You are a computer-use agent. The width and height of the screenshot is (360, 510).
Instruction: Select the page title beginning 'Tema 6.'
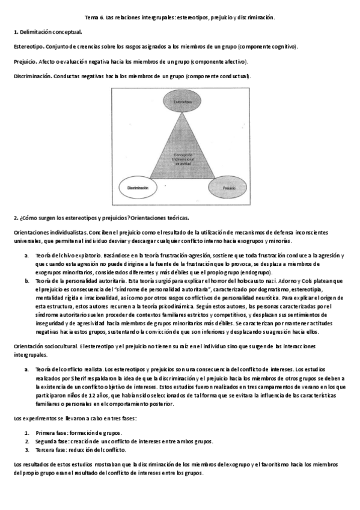click(180, 17)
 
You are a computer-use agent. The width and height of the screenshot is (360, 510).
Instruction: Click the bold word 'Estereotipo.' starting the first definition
click(28, 46)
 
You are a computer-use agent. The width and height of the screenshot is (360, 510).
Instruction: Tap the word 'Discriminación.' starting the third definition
click(31, 76)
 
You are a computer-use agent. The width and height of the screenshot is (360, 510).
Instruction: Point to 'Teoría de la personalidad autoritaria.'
click(76, 280)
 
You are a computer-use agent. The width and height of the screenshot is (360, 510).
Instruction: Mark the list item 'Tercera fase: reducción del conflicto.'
click(81, 449)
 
